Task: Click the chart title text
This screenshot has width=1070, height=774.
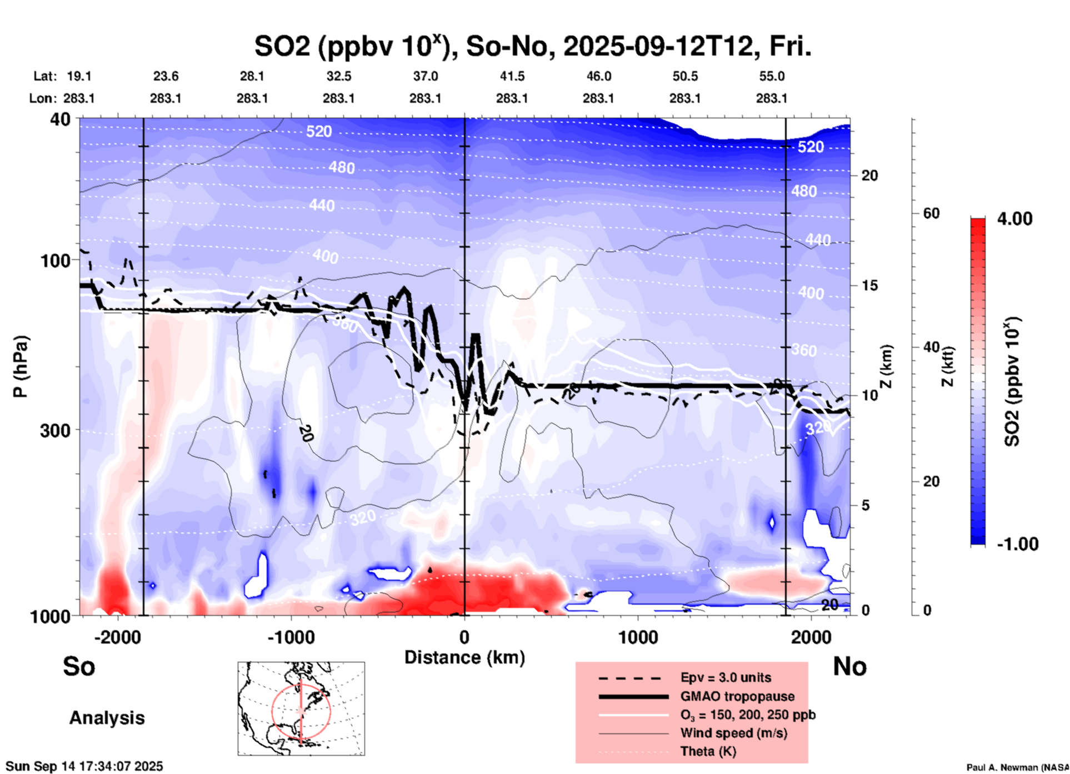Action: pyautogui.click(x=533, y=46)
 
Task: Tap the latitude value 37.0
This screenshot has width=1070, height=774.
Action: pyautogui.click(x=426, y=76)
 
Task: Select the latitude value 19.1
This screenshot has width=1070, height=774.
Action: pyautogui.click(x=79, y=76)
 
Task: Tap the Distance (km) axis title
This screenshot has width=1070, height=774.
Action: pyautogui.click(x=464, y=657)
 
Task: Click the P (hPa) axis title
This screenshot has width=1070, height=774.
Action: pyautogui.click(x=21, y=366)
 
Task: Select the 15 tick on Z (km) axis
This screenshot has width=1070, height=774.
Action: pyautogui.click(x=870, y=285)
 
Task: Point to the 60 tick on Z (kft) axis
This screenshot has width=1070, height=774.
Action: pyautogui.click(x=931, y=213)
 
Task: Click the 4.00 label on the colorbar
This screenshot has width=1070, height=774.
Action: pyautogui.click(x=1014, y=218)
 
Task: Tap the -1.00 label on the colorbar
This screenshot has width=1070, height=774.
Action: pyautogui.click(x=1017, y=544)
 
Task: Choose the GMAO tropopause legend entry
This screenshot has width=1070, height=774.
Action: pyautogui.click(x=737, y=696)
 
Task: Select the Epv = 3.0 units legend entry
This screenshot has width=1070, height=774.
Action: pyautogui.click(x=726, y=677)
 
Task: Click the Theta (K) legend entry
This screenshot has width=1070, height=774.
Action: pyautogui.click(x=708, y=751)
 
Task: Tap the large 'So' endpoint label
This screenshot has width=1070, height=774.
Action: pyautogui.click(x=79, y=666)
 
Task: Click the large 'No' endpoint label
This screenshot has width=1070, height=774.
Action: pyautogui.click(x=849, y=666)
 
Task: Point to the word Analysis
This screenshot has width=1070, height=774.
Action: pyautogui.click(x=107, y=718)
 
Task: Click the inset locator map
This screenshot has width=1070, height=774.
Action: pyautogui.click(x=301, y=708)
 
